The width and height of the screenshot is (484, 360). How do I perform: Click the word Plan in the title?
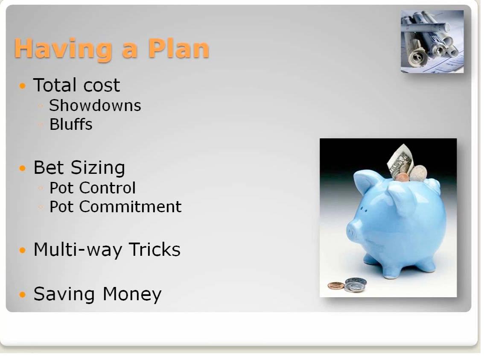[179, 48]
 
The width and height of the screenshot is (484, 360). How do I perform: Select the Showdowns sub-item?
[95, 105]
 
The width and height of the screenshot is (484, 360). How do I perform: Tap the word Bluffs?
[71, 124]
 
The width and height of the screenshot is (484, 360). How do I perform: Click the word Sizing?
[98, 168]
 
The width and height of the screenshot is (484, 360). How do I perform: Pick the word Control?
[108, 188]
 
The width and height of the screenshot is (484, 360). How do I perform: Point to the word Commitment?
[130, 207]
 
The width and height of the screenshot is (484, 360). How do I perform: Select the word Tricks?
[155, 249]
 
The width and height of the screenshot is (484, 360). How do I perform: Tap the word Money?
[132, 294]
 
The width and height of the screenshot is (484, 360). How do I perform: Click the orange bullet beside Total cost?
[23, 85]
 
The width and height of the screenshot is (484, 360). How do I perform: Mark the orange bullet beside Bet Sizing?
[23, 168]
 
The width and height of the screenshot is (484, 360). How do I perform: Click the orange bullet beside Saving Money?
[23, 294]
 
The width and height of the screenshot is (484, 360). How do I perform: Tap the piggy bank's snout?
[353, 231]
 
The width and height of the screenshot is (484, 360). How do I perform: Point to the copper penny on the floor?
[336, 286]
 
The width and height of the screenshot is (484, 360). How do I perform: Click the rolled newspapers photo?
[432, 42]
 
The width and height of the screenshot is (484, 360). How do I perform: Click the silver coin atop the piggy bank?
[418, 173]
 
